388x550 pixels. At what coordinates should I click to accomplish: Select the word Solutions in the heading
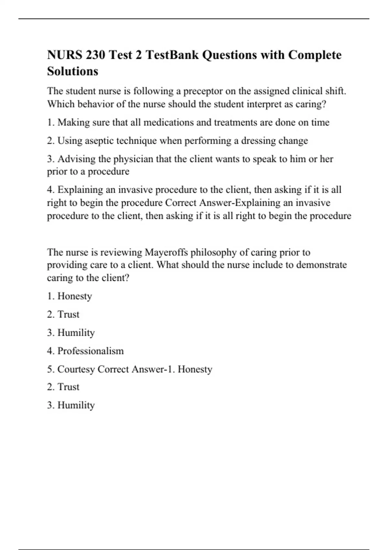pos(72,71)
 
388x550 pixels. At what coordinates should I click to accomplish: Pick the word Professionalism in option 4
pos(91,351)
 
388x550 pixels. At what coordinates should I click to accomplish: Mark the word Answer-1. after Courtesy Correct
pos(153,369)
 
